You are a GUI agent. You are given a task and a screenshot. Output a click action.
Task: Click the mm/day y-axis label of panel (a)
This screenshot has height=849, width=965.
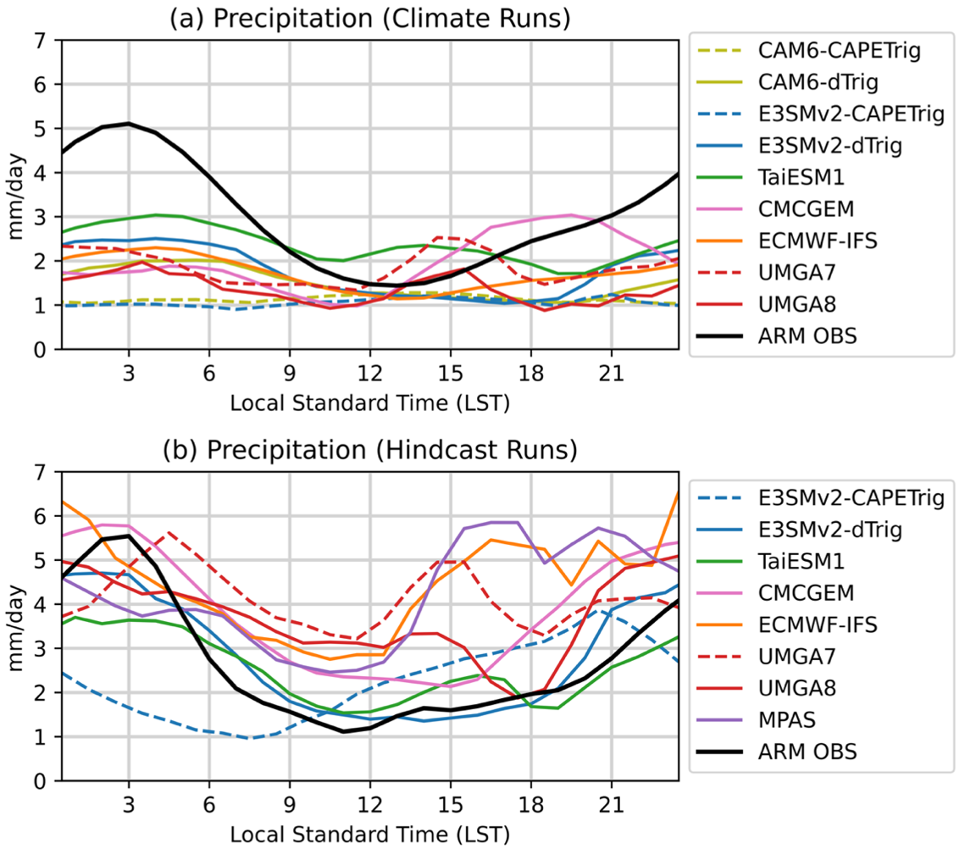15,194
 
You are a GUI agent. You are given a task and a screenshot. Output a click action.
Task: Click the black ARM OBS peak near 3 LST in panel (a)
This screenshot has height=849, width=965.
128,124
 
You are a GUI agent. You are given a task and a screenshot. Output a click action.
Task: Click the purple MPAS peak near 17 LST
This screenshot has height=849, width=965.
504,522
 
